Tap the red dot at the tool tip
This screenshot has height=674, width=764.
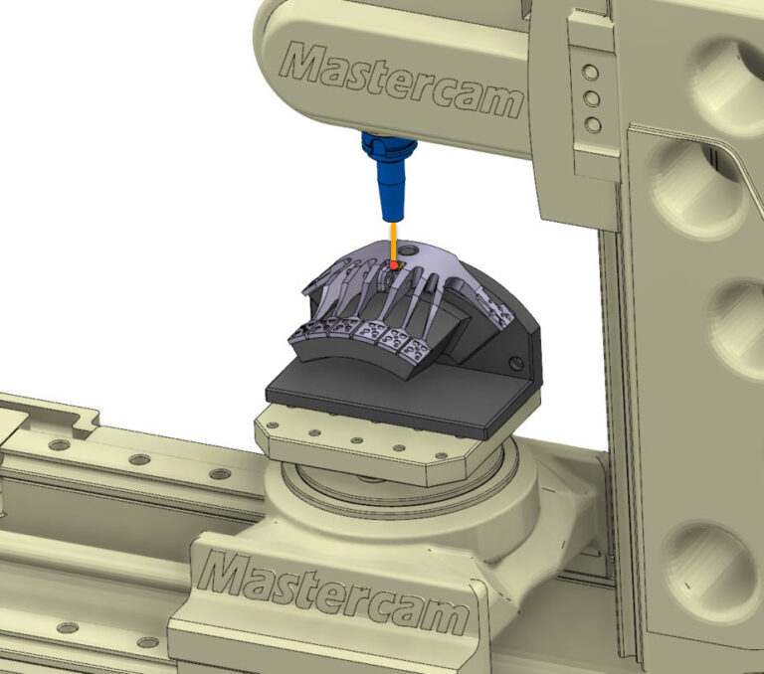point(395,265)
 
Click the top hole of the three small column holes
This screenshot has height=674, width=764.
point(593,73)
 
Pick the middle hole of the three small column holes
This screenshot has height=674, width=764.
point(593,98)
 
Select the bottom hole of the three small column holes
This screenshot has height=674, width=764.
point(593,124)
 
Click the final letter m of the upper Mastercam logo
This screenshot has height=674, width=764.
point(500,101)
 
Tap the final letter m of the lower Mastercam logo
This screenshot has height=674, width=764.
point(443,618)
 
